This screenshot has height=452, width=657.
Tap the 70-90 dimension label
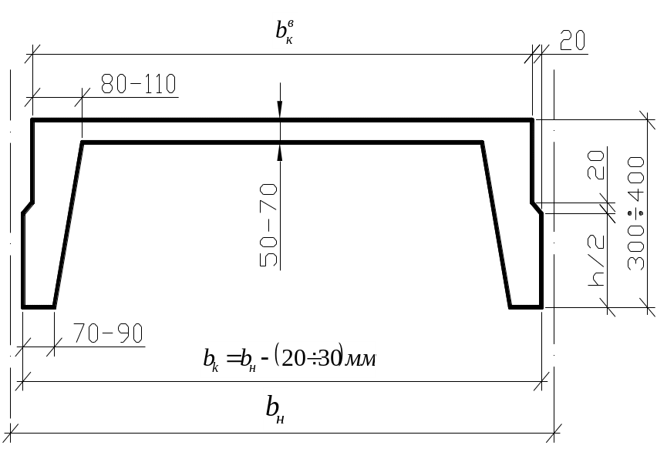(x=108, y=334)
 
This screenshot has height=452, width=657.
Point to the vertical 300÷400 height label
(x=635, y=213)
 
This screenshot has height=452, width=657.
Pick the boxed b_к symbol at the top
(x=285, y=31)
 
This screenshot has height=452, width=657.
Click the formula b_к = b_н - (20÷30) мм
(x=288, y=359)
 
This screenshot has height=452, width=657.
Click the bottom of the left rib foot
(x=38, y=306)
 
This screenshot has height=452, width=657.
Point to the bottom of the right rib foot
(x=526, y=306)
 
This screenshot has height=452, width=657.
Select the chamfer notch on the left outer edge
(x=27, y=209)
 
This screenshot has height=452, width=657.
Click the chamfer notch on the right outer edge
(x=537, y=209)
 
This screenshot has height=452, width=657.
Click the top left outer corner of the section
(x=32, y=120)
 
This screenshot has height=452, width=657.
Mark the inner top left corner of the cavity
(x=82, y=142)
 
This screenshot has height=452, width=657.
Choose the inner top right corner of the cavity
(x=482, y=142)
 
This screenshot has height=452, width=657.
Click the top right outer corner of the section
(x=533, y=120)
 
